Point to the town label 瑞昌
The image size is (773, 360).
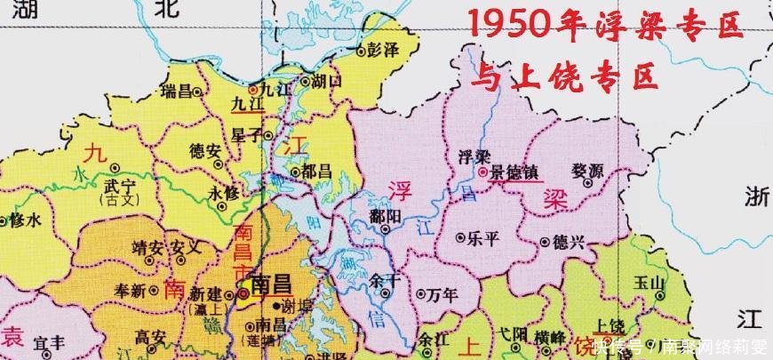[169, 91]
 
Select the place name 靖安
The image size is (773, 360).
[144, 245]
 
